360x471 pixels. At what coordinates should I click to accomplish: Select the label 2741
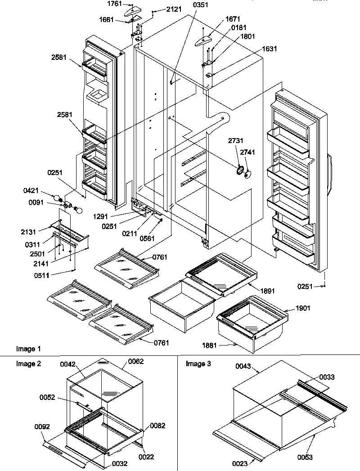click(247, 153)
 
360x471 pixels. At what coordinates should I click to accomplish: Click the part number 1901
click(290, 308)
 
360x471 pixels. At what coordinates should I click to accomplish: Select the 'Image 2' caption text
click(29, 364)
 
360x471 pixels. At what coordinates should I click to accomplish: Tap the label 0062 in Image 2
click(136, 361)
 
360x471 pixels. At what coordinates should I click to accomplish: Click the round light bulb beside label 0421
click(57, 198)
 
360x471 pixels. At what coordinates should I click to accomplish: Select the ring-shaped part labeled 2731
click(239, 170)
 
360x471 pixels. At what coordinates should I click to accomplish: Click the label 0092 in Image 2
click(41, 426)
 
